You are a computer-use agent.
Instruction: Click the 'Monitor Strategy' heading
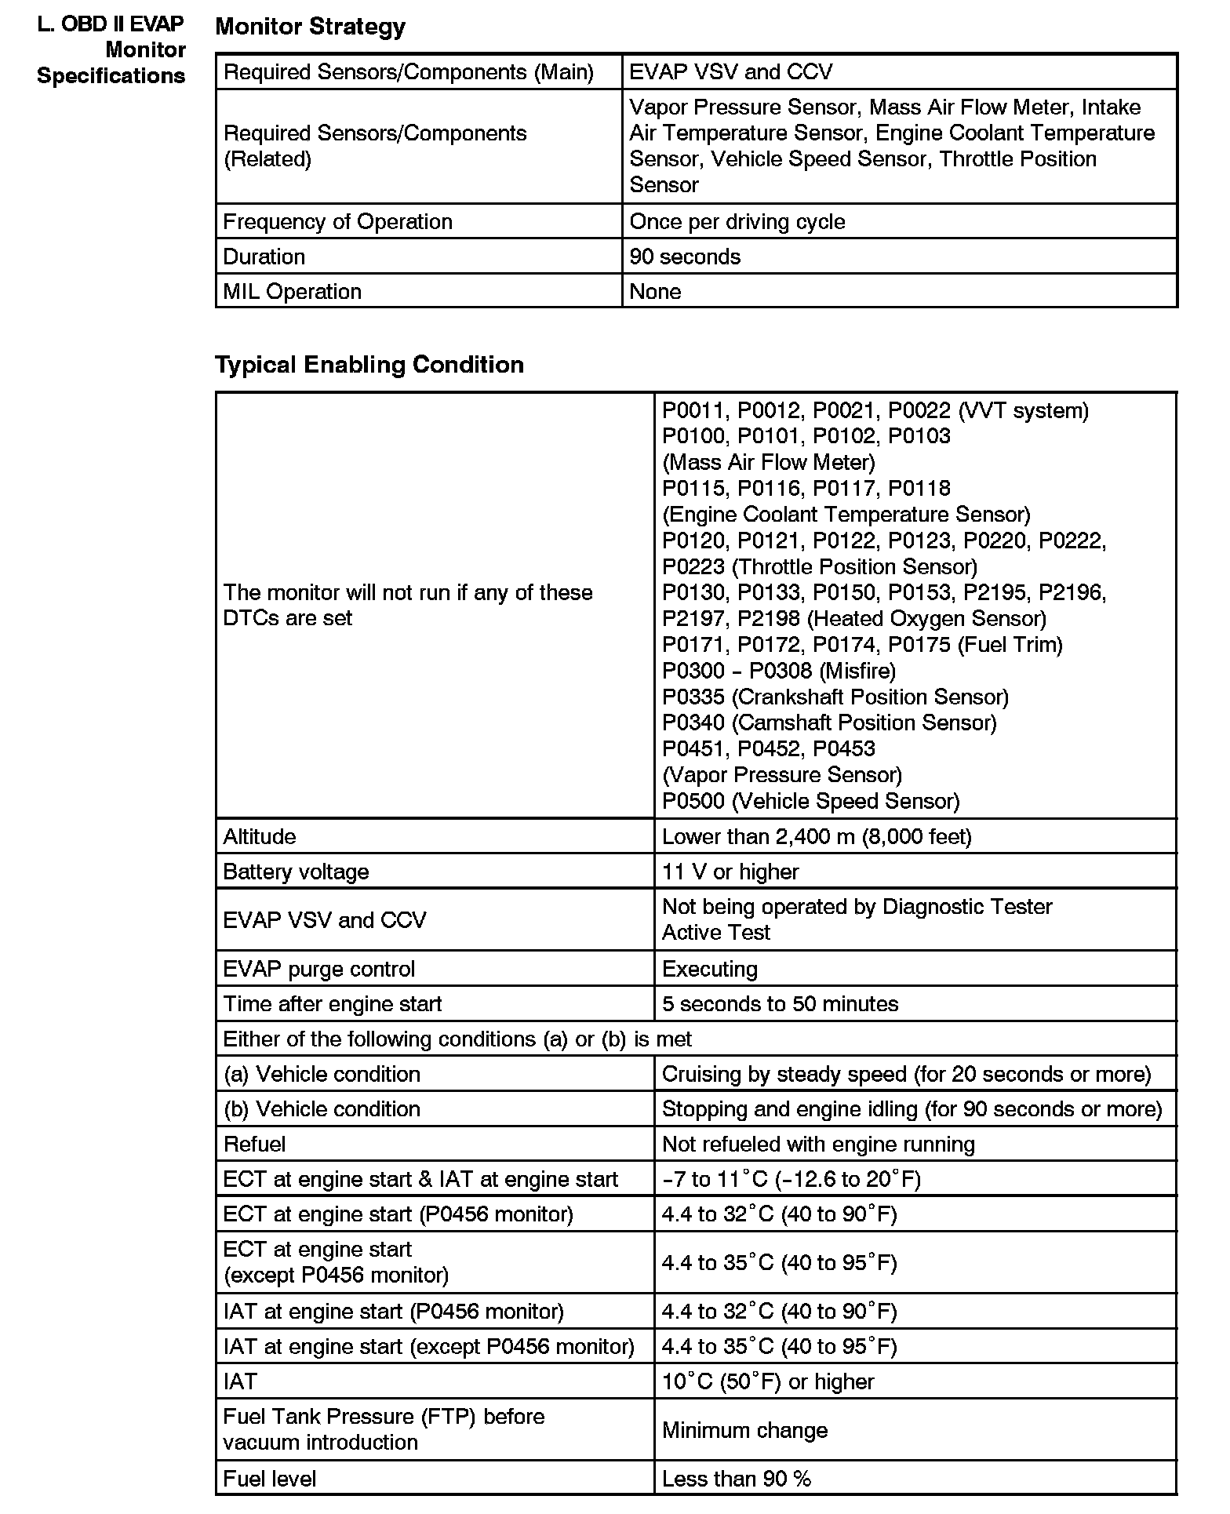[x=310, y=27]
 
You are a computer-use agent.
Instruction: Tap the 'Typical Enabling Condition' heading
[x=369, y=365]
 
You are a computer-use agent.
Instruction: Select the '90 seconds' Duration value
[x=685, y=257]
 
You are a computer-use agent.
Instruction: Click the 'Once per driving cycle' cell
[x=737, y=221]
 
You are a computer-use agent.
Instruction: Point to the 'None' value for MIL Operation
[x=655, y=292]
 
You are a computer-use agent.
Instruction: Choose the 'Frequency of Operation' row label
[x=337, y=221]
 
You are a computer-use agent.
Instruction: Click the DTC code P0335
[x=693, y=697]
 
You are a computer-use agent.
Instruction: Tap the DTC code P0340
[x=693, y=722]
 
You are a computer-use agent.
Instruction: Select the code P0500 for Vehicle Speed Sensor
[x=693, y=801]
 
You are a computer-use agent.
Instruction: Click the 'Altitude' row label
[x=259, y=836]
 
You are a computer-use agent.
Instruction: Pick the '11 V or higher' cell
[x=730, y=872]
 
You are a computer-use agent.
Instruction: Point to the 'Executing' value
[x=709, y=969]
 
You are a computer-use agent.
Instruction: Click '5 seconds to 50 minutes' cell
[x=780, y=1004]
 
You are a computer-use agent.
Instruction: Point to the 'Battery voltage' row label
[x=296, y=872]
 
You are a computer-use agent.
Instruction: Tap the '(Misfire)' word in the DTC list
[x=857, y=671]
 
